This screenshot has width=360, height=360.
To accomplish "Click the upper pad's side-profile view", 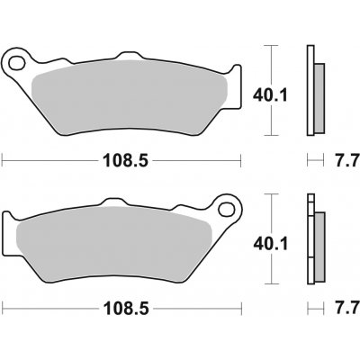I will tap(313, 90).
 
